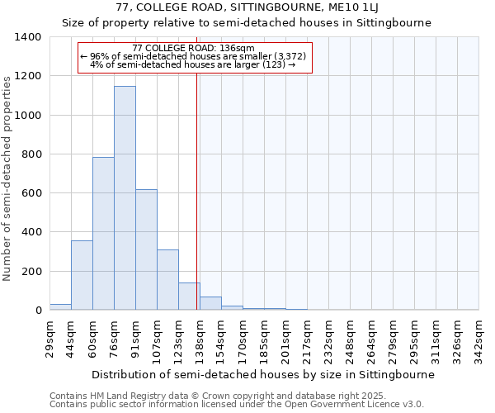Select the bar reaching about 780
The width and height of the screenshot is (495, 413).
pos(103,234)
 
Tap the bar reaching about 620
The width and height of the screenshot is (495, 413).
pos(146,249)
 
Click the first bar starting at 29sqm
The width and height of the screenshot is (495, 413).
pos(60,306)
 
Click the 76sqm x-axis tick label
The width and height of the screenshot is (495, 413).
pos(114,336)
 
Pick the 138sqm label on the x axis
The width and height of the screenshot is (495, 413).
pos(200,336)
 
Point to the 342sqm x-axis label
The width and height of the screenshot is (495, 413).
pos(478,336)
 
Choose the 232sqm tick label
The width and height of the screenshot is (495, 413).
pos(328,336)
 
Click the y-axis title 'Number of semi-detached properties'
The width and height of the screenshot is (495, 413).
pos(7,178)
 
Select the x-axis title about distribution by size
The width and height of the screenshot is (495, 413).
pos(262,374)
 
